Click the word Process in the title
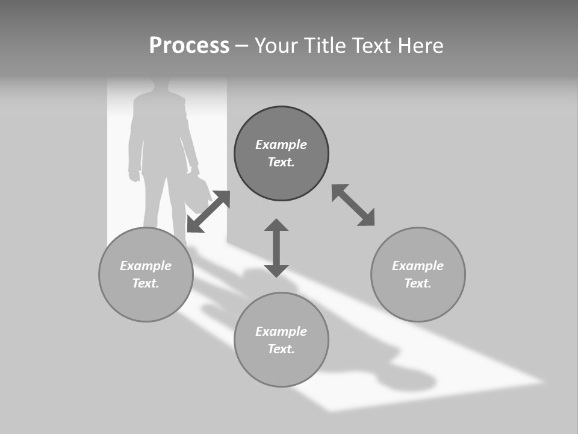coord(189,46)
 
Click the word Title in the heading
coord(325,46)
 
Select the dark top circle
coord(281,153)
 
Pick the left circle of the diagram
coord(146,274)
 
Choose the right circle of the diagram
coord(418,274)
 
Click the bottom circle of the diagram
coord(281,340)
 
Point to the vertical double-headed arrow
coord(276,248)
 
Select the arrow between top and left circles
coord(208,211)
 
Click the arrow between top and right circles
coord(353,205)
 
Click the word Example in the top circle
coord(281,145)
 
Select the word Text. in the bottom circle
coord(281,349)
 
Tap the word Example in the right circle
coord(418,266)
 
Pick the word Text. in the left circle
coord(146,283)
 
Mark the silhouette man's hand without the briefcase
coord(134,176)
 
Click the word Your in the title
coord(276,46)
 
